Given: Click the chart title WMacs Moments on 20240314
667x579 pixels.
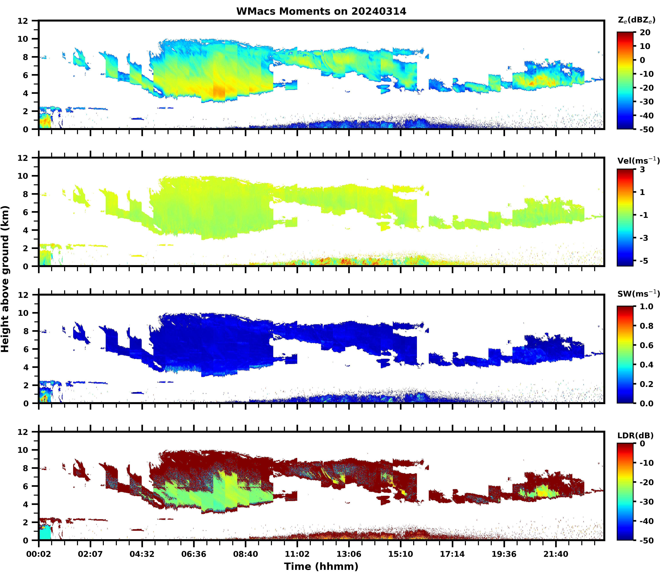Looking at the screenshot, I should (321, 11).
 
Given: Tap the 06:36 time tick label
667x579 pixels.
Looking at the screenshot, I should (194, 554).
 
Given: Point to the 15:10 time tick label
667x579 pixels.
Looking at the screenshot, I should (401, 554).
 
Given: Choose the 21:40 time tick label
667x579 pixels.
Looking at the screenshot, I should (556, 554).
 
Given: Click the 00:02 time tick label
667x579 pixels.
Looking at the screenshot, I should (39, 554).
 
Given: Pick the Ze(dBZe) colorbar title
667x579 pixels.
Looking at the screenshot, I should (636, 20).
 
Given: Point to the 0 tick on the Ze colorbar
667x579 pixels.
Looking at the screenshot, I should (642, 60).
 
